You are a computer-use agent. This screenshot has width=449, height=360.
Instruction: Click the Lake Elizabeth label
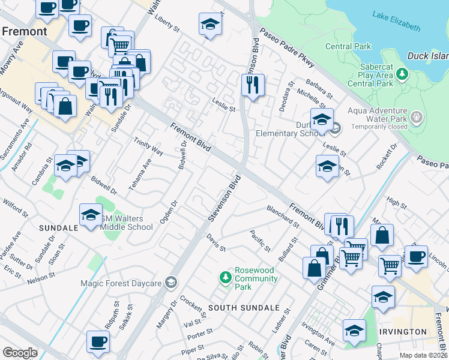396,20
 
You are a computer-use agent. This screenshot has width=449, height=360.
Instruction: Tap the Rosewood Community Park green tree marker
226,277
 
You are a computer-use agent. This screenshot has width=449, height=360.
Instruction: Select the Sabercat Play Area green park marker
402,75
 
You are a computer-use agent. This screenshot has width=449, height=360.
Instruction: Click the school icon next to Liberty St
210,25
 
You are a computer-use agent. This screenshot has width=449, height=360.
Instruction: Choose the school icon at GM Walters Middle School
91,215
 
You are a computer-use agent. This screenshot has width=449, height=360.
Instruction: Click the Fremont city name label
24,31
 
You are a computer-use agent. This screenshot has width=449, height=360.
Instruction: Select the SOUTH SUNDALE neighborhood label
244,308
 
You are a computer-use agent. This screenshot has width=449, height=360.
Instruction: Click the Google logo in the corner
20,353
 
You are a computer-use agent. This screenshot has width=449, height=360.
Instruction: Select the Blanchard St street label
283,216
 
